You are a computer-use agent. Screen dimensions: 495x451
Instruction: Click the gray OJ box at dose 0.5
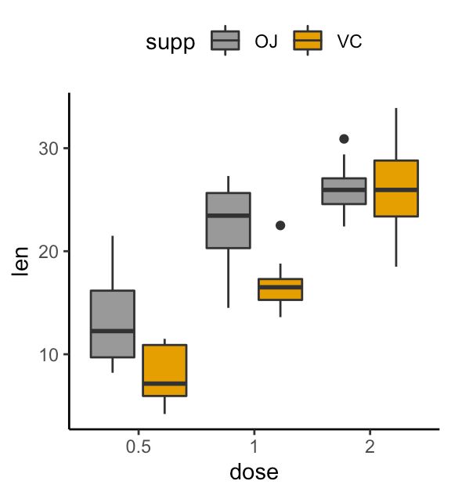[x=113, y=324]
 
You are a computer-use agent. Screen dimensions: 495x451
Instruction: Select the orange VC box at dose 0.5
[x=164, y=370]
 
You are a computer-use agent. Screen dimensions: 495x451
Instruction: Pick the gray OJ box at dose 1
[x=228, y=220]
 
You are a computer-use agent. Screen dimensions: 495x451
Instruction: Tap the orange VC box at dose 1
[x=280, y=289]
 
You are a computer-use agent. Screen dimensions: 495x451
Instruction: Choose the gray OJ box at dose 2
[x=345, y=191]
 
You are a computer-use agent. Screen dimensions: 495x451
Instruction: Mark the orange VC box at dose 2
[x=396, y=188]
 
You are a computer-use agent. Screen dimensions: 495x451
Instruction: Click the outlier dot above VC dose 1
[x=280, y=225]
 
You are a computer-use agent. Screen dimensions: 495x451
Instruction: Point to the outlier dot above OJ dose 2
[x=344, y=138]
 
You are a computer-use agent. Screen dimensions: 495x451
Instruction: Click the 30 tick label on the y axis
[x=48, y=149]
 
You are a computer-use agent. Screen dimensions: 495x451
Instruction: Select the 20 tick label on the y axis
[x=48, y=251]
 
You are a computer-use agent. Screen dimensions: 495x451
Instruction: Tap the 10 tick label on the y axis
[x=48, y=354]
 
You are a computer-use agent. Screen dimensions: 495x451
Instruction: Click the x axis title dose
[x=254, y=473]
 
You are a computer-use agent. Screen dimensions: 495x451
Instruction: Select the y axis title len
[x=20, y=261]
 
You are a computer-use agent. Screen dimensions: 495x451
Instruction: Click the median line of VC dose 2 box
[x=396, y=190]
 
